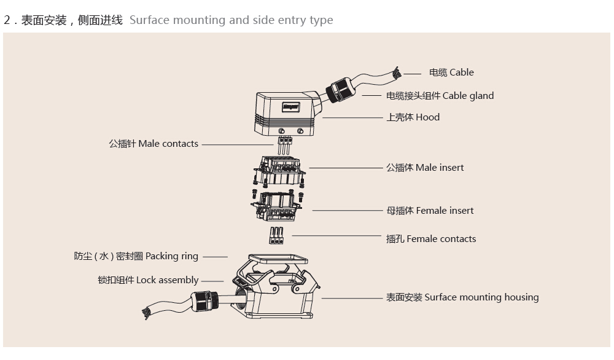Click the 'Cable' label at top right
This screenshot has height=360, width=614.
(x=451, y=72)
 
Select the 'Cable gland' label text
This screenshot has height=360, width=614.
(x=440, y=96)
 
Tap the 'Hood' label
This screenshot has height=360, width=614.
(x=413, y=117)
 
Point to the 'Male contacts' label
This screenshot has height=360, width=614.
(x=153, y=144)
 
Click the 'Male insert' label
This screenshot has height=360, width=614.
(x=425, y=168)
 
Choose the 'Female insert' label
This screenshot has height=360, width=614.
(x=430, y=211)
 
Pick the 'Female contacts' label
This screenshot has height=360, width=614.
(x=431, y=239)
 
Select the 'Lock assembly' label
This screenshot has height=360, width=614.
(x=148, y=280)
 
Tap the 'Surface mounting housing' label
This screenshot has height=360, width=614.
(x=462, y=297)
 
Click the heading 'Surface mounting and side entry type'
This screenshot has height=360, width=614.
(x=231, y=20)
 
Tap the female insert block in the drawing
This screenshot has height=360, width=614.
(x=278, y=205)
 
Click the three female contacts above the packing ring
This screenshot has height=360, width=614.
(x=276, y=236)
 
